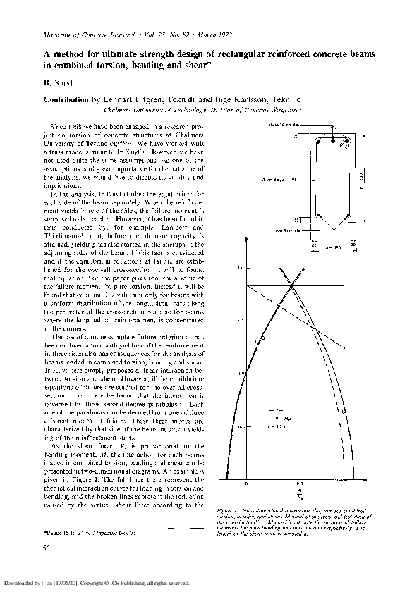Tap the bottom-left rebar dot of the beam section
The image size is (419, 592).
tap(320, 214)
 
